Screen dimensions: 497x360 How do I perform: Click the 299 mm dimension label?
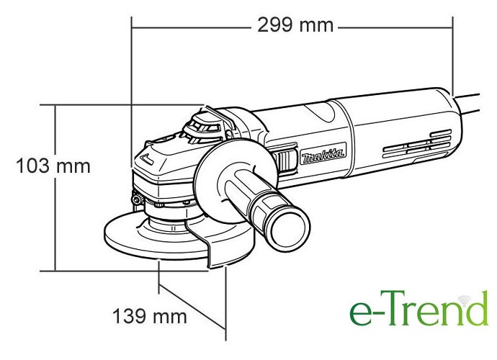tap(295, 25)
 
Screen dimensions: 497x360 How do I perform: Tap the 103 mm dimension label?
tap(53, 166)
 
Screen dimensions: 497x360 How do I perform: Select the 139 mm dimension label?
tap(150, 316)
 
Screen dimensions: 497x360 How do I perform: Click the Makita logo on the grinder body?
tap(323, 153)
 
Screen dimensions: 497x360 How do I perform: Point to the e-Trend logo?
tap(418, 308)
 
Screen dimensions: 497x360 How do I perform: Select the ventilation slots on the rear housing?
tap(417, 143)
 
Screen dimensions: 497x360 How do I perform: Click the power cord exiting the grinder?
tap(467, 104)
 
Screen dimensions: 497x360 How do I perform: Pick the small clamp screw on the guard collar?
tap(138, 199)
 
